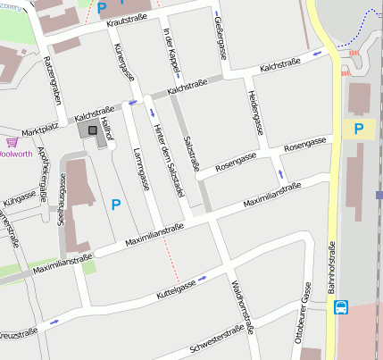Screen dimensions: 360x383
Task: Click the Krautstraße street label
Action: tap(126, 21)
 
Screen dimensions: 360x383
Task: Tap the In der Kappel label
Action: tap(170, 50)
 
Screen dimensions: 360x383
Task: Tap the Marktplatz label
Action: tap(38, 128)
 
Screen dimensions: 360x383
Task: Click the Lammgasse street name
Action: tap(141, 171)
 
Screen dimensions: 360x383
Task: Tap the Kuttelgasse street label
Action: tap(176, 289)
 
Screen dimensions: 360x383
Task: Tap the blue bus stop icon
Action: tap(341, 307)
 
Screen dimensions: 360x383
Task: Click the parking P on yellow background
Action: tap(359, 130)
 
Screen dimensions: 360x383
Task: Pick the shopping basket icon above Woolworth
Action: tap(12, 141)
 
